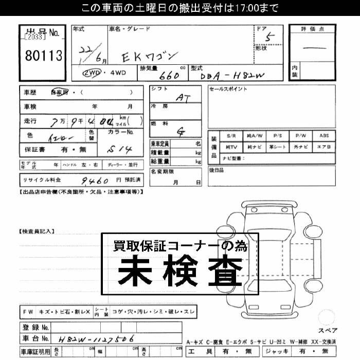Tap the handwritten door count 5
point(266,37)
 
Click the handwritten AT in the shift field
point(181,97)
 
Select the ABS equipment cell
point(325,136)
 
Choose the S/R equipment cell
point(231,136)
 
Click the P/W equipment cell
point(301,136)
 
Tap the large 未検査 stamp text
point(180,270)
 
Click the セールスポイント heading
point(229,89)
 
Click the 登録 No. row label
point(35,327)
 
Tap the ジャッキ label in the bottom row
point(276,351)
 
